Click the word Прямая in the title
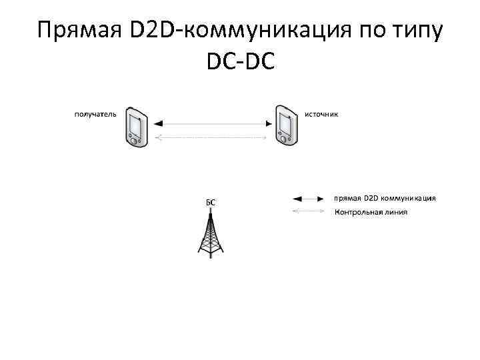pyautogui.click(x=81, y=31)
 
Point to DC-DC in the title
pyautogui.click(x=241, y=64)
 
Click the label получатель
pyautogui.click(x=95, y=113)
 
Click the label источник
pyautogui.click(x=321, y=113)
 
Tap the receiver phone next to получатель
pyautogui.click(x=135, y=125)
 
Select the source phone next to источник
pyautogui.click(x=285, y=125)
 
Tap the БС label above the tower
pyautogui.click(x=209, y=201)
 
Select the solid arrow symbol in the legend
pyautogui.click(x=309, y=199)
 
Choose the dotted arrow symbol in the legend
pyautogui.click(x=309, y=212)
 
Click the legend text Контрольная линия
pyautogui.click(x=370, y=213)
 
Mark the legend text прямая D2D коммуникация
pyautogui.click(x=385, y=198)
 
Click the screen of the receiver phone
pyautogui.click(x=136, y=124)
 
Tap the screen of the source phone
pyautogui.click(x=286, y=124)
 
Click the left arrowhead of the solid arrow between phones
pyautogui.click(x=158, y=123)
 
